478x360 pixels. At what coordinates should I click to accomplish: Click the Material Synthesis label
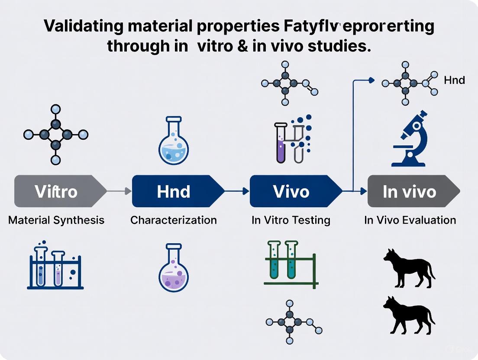pyautogui.click(x=56, y=220)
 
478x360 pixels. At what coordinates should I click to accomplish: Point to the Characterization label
pyautogui.click(x=174, y=220)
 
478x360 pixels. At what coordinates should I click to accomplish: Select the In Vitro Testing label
pyautogui.click(x=291, y=220)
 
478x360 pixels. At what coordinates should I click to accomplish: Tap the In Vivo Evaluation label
pyautogui.click(x=410, y=220)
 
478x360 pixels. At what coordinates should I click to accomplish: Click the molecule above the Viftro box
pyautogui.click(x=55, y=135)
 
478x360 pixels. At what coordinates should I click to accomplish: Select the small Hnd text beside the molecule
pyautogui.click(x=454, y=80)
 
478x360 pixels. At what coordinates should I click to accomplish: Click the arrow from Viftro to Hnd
pyautogui.click(x=119, y=191)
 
